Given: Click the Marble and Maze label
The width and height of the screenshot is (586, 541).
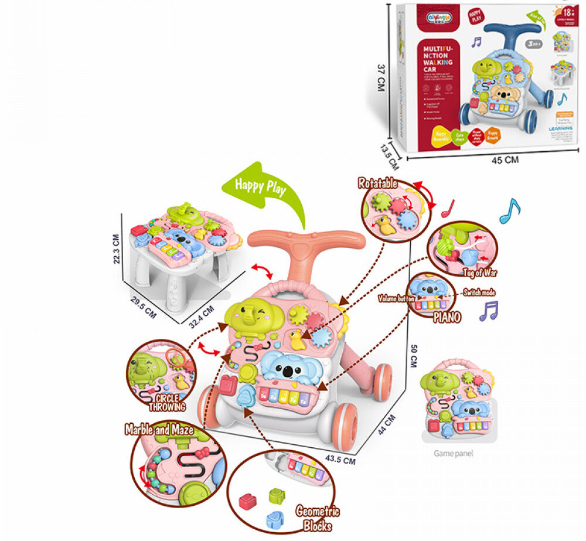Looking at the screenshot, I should [159, 430].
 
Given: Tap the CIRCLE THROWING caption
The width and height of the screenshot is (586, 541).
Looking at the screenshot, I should [167, 402].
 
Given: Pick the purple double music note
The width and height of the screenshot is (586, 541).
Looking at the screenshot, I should [488, 310].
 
